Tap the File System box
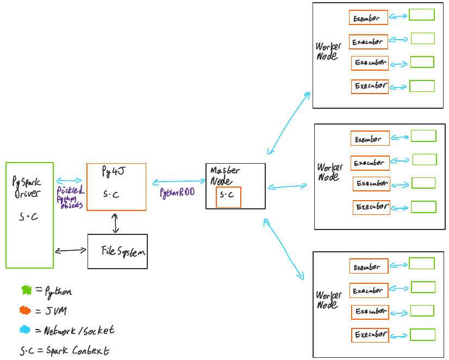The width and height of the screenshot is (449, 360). click(117, 251)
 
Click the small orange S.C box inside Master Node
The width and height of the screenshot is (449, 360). click(228, 197)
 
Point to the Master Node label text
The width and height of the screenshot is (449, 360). click(224, 176)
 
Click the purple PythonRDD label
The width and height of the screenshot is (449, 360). click(177, 193)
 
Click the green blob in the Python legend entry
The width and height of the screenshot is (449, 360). click(26, 290)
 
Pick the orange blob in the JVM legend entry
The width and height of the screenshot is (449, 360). click(25, 311)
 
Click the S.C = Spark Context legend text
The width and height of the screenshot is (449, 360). click(64, 351)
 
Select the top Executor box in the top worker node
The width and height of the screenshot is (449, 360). click(369, 18)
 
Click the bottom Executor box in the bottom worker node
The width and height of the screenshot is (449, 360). click(370, 335)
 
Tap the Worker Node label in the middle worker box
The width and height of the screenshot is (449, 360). click(329, 172)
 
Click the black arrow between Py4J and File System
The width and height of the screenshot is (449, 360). click(115, 223)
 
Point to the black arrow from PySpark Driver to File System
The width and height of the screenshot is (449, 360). click(71, 251)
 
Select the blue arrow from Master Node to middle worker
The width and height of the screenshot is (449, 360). click(288, 187)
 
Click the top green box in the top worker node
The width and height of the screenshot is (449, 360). click(421, 15)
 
